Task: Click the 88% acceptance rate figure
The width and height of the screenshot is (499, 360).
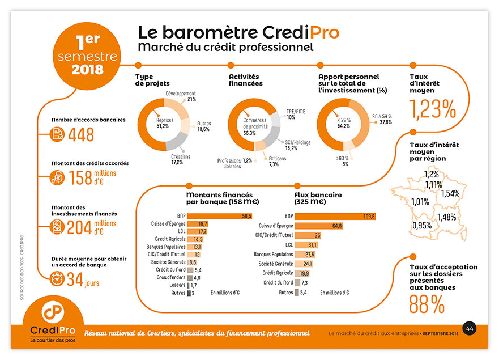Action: (427, 304)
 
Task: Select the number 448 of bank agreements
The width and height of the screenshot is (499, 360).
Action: (81, 134)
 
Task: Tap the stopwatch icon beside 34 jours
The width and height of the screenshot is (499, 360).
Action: (57, 279)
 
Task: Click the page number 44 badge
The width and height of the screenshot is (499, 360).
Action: (470, 328)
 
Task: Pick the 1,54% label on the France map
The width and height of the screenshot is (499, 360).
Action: (450, 193)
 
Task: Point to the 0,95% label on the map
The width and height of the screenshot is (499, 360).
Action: (421, 225)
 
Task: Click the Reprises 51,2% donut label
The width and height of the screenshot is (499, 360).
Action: (165, 124)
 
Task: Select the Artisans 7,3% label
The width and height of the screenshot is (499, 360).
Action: (274, 161)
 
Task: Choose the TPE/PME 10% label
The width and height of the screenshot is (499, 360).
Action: (296, 114)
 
